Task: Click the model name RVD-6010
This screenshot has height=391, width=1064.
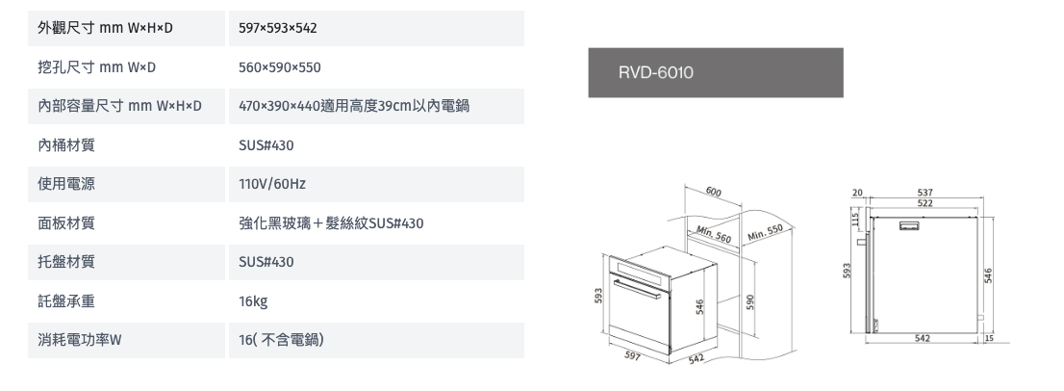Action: tap(655, 72)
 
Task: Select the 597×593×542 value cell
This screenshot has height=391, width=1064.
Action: tap(376, 29)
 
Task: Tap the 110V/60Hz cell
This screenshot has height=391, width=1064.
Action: tap(376, 184)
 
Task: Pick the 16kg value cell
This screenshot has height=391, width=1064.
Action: tap(376, 300)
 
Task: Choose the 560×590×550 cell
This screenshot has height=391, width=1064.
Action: tap(376, 67)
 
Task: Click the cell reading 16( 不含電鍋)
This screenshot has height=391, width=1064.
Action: tap(376, 340)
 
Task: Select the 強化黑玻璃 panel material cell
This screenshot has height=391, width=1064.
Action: tap(376, 223)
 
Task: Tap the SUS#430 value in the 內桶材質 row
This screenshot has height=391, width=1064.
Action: tap(376, 145)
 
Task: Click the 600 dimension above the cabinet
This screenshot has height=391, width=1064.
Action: tap(713, 192)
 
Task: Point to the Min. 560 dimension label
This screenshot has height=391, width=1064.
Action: tap(713, 234)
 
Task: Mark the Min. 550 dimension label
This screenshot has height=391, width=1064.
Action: tap(766, 233)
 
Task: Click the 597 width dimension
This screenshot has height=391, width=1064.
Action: tap(632, 355)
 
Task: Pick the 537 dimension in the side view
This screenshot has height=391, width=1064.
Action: tap(925, 193)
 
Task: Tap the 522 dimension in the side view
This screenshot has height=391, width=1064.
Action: tap(925, 203)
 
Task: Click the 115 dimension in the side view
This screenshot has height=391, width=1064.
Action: tap(856, 220)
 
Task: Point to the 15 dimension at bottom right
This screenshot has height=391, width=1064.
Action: tap(989, 338)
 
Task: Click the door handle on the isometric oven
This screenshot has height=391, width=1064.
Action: tap(637, 288)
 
